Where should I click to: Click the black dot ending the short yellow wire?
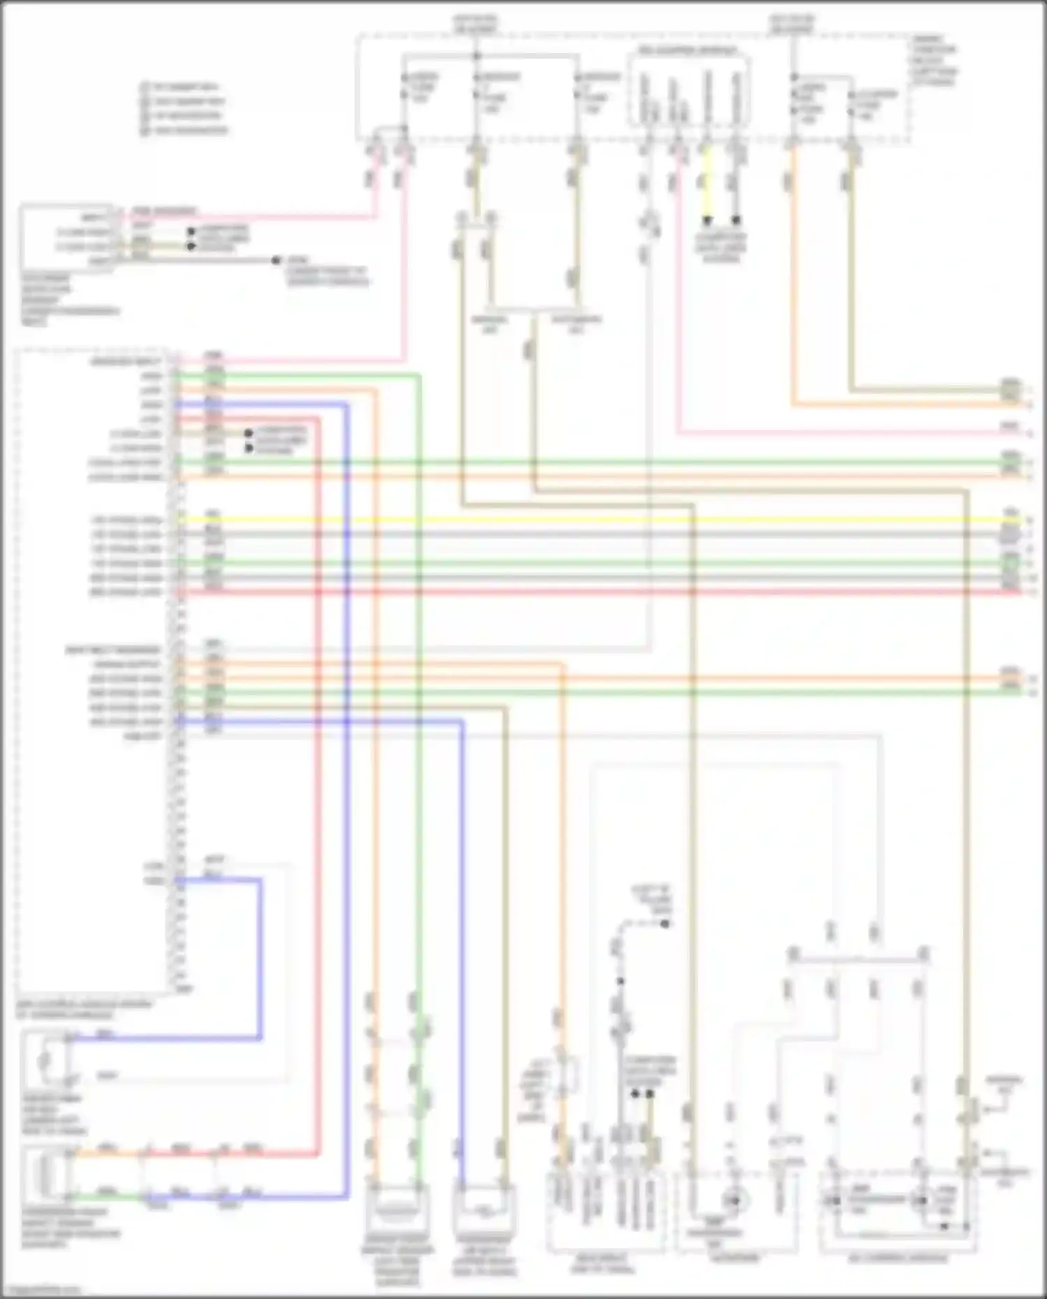tap(706, 221)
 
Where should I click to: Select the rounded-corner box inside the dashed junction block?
tap(689, 91)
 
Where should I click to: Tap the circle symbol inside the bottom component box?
tap(733, 1201)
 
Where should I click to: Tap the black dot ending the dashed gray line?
tap(665, 923)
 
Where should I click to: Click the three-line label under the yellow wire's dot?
tap(721, 248)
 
